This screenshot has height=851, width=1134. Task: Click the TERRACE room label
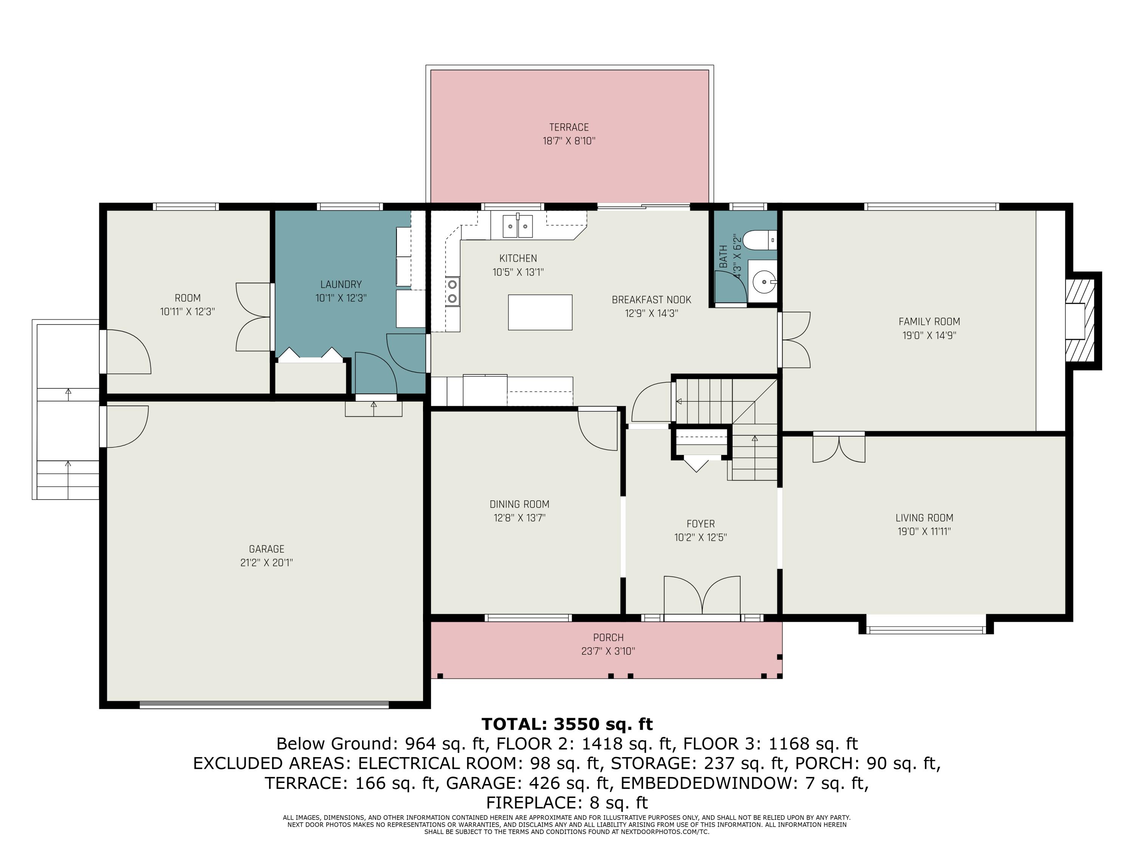click(569, 127)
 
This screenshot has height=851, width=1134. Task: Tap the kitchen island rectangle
click(540, 312)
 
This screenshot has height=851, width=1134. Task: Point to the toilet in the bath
click(760, 241)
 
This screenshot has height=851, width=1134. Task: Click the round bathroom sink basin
click(764, 282)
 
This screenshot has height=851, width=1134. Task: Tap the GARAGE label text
click(266, 549)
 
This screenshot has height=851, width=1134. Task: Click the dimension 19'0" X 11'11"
click(924, 531)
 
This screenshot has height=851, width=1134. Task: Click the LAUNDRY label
click(341, 284)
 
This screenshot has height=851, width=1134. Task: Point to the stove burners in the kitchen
click(452, 291)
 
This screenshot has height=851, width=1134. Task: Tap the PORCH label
click(609, 638)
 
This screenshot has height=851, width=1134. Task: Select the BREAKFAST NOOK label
click(652, 300)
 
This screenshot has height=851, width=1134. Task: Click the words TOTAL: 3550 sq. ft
click(567, 724)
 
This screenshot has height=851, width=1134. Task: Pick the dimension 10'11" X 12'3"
click(187, 311)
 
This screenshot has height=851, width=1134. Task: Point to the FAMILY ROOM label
click(930, 321)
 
